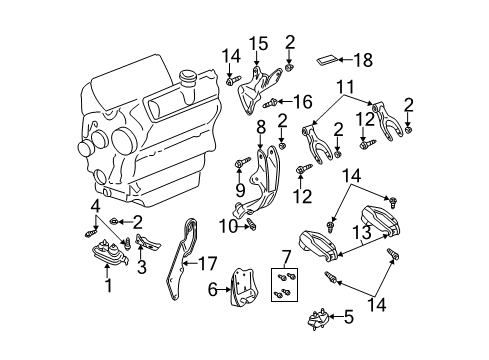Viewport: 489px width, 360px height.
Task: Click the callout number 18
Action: (364, 60)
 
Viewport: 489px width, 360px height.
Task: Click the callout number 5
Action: (348, 319)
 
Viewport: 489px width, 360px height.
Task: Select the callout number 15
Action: (260, 42)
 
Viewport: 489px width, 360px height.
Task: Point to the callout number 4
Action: (96, 208)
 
